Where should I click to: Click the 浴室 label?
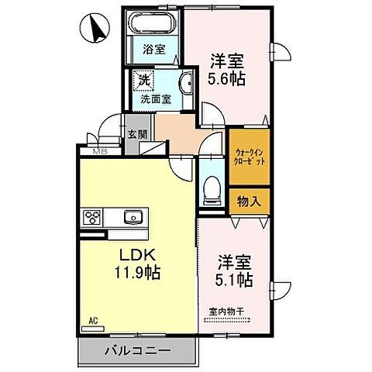point(153,50)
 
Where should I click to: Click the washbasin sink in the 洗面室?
point(184,86)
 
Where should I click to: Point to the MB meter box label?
point(101,152)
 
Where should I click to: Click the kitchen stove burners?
point(91,217)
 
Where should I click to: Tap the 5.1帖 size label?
point(234,277)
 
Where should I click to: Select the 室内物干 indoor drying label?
point(226,312)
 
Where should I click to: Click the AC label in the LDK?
point(92,319)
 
